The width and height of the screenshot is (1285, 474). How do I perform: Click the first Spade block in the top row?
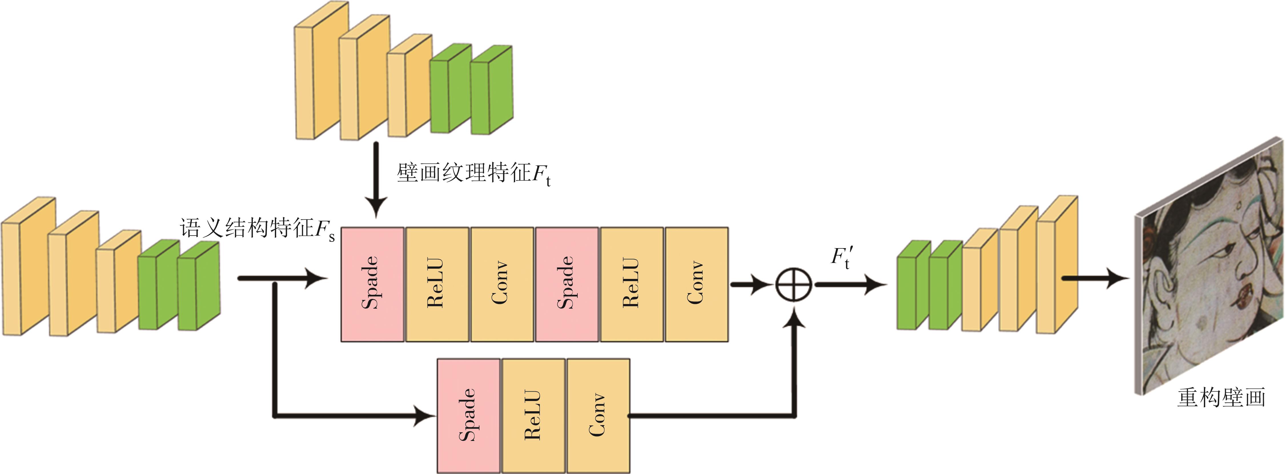(372, 284)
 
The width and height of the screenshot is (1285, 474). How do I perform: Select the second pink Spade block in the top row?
(567, 284)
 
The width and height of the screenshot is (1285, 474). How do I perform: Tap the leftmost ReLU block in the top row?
(437, 284)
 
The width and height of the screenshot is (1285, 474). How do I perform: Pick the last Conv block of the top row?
(696, 284)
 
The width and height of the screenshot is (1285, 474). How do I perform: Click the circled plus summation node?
(793, 285)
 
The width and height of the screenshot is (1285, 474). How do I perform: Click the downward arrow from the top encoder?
(376, 179)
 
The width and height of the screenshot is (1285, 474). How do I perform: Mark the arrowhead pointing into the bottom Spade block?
(424, 415)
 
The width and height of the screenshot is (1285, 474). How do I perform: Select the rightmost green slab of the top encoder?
(491, 90)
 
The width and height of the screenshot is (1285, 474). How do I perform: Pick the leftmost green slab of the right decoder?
(913, 285)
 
